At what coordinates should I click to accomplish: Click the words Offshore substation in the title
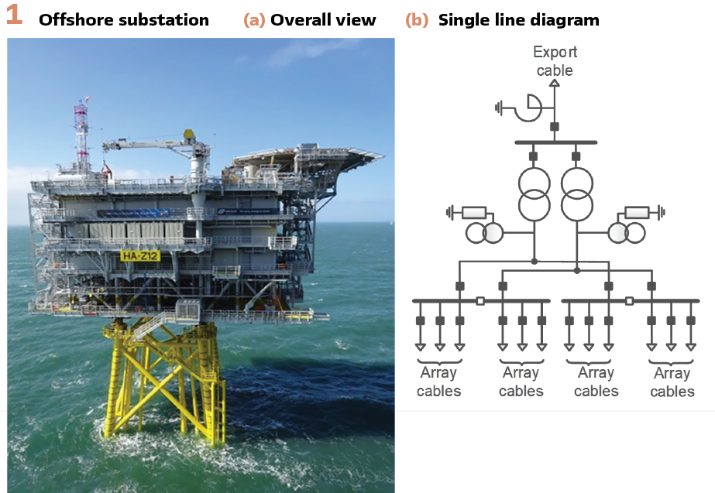124,20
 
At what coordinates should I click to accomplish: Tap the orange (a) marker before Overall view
254,20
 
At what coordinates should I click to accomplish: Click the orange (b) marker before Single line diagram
417,20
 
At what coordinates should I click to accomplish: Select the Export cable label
555,61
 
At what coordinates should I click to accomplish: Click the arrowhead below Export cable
555,81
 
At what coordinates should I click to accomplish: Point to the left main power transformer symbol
534,193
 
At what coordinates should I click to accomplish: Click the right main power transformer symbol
576,193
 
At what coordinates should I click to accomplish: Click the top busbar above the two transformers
555,142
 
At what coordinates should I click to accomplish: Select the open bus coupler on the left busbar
481,300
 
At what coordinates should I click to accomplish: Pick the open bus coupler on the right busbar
630,300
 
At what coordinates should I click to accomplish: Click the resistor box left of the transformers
474,211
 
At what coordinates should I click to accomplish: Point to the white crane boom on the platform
143,144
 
